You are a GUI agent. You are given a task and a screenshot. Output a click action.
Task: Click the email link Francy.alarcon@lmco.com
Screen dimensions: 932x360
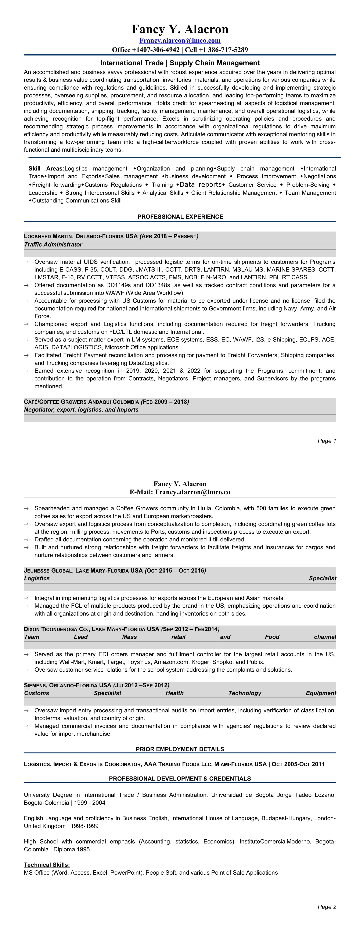point(180,40)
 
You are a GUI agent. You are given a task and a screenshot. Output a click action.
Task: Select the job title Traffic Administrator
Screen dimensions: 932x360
point(53,245)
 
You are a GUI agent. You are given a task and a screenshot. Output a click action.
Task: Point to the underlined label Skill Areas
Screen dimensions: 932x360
point(46,169)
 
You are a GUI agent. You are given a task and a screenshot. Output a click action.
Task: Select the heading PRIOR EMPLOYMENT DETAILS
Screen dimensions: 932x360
point(180,749)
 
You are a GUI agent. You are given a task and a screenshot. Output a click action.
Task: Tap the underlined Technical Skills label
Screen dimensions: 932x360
point(47,865)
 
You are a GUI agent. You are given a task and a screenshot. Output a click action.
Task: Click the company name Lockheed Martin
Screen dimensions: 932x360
point(48,236)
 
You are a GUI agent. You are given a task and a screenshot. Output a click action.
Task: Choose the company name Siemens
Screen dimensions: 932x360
point(35,685)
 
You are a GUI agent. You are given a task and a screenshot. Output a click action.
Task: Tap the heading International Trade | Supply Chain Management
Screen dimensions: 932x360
point(180,63)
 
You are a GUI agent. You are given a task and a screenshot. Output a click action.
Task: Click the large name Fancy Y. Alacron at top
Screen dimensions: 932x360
point(180,29)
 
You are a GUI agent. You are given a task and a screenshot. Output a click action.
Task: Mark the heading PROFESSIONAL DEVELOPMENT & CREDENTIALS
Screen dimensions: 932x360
point(180,779)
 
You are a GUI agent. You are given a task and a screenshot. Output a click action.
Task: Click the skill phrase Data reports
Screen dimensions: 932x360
point(201,184)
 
